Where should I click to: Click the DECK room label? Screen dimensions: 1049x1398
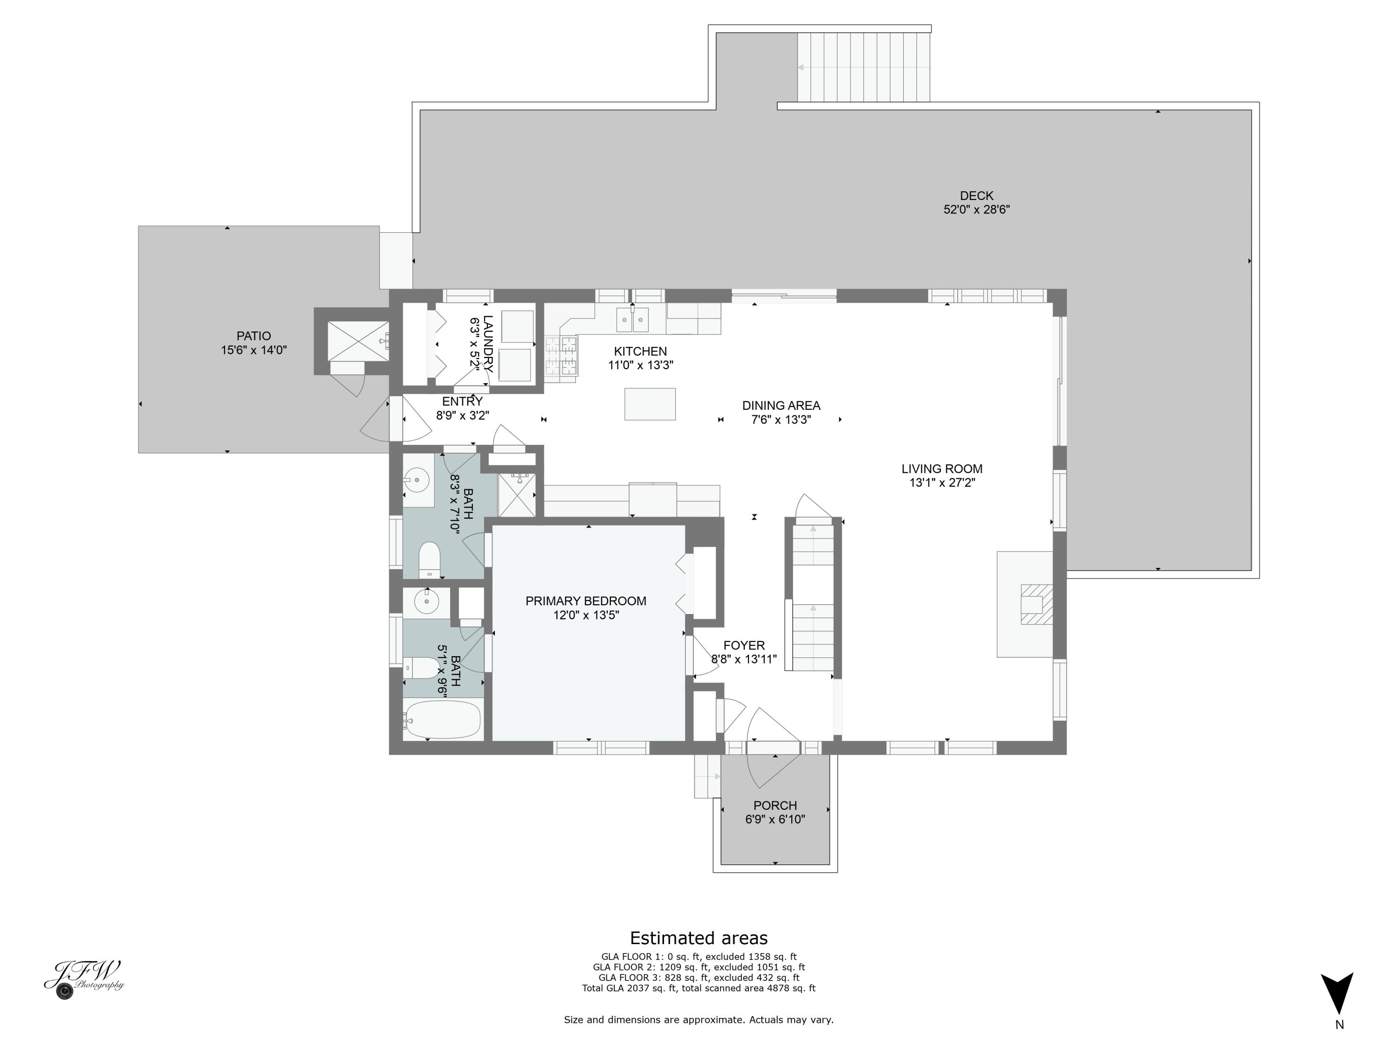click(976, 196)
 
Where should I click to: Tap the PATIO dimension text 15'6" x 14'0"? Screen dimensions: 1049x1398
click(254, 350)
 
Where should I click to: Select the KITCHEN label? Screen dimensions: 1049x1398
click(640, 352)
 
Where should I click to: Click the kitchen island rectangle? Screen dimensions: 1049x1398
click(650, 404)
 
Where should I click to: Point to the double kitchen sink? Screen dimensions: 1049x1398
click(632, 320)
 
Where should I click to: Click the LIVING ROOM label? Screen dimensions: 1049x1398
click(942, 469)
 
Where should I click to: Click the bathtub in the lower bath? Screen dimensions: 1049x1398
click(442, 719)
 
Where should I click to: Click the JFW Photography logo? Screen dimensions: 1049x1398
click(83, 979)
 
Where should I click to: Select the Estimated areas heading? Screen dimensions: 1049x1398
click(699, 938)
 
